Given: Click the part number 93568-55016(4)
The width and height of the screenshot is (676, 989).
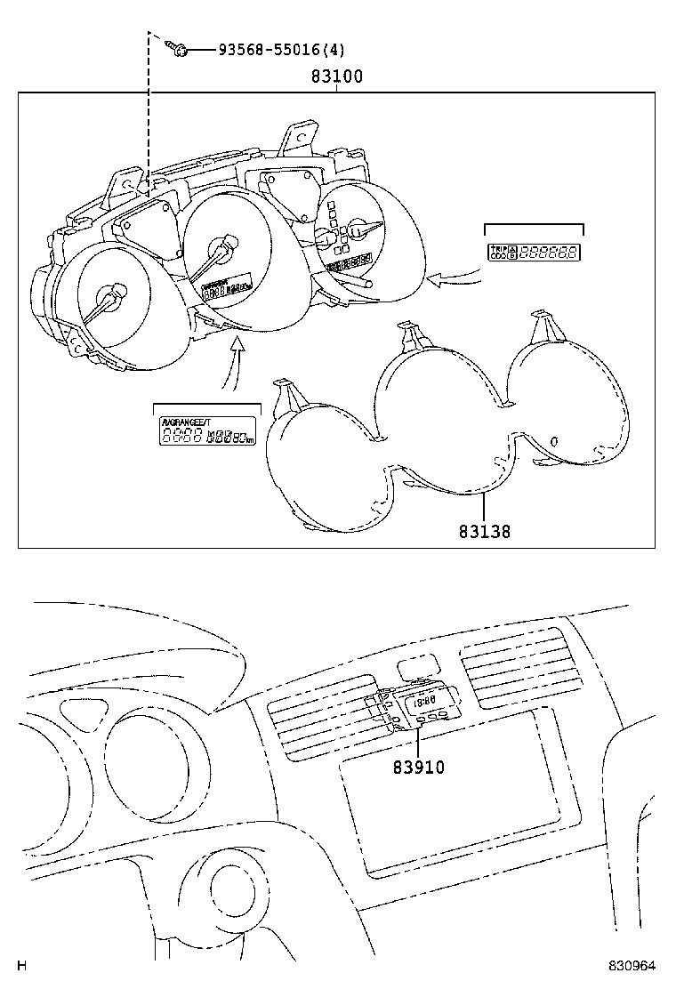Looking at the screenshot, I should pos(282,51).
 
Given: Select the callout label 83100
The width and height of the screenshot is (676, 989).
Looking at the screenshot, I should pos(336,77).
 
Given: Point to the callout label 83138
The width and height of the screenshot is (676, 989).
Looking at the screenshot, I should pos(485,532).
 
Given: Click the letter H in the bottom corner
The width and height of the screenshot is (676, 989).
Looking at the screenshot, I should pos(23,966).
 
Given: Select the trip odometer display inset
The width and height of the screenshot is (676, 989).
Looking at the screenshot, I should pos(534,252).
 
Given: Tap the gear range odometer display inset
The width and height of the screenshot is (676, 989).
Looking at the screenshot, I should pos(206,432).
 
